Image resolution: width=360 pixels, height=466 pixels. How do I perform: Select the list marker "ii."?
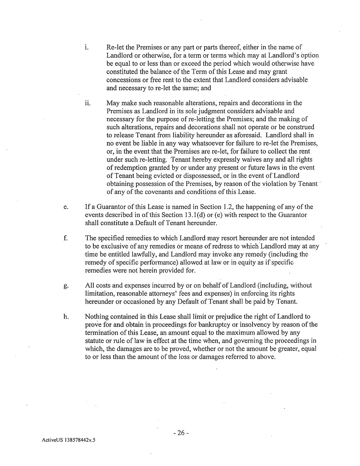point(87,103)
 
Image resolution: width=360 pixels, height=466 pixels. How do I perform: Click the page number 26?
point(181,433)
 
